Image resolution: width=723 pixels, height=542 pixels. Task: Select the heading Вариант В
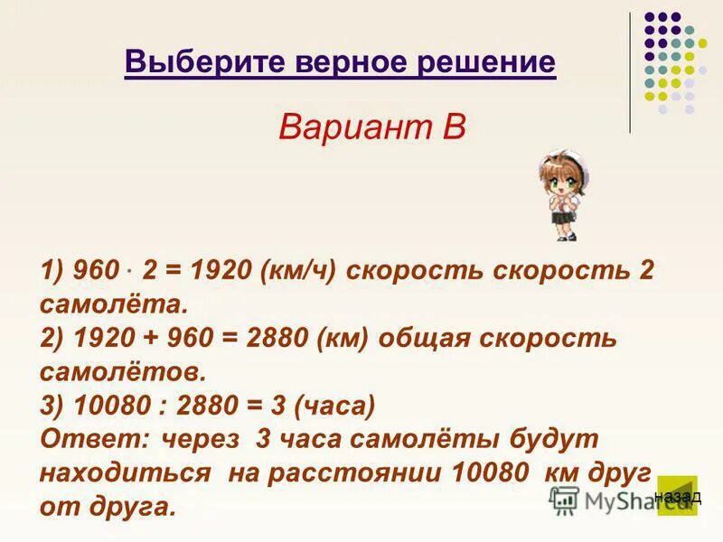371,126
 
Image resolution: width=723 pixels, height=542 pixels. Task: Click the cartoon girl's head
557,172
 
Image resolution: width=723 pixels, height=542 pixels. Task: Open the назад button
677,496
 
